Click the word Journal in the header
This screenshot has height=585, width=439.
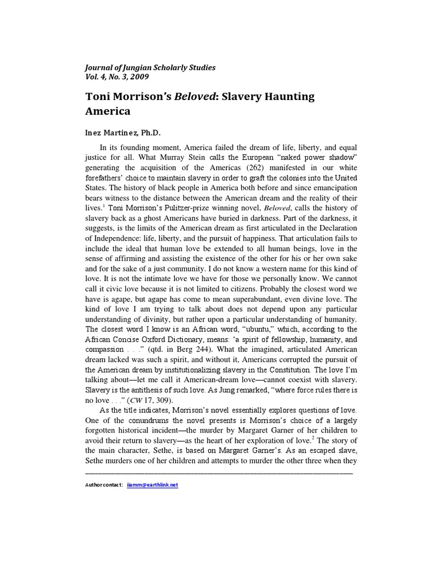[98, 67]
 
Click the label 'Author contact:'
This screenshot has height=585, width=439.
[103, 484]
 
